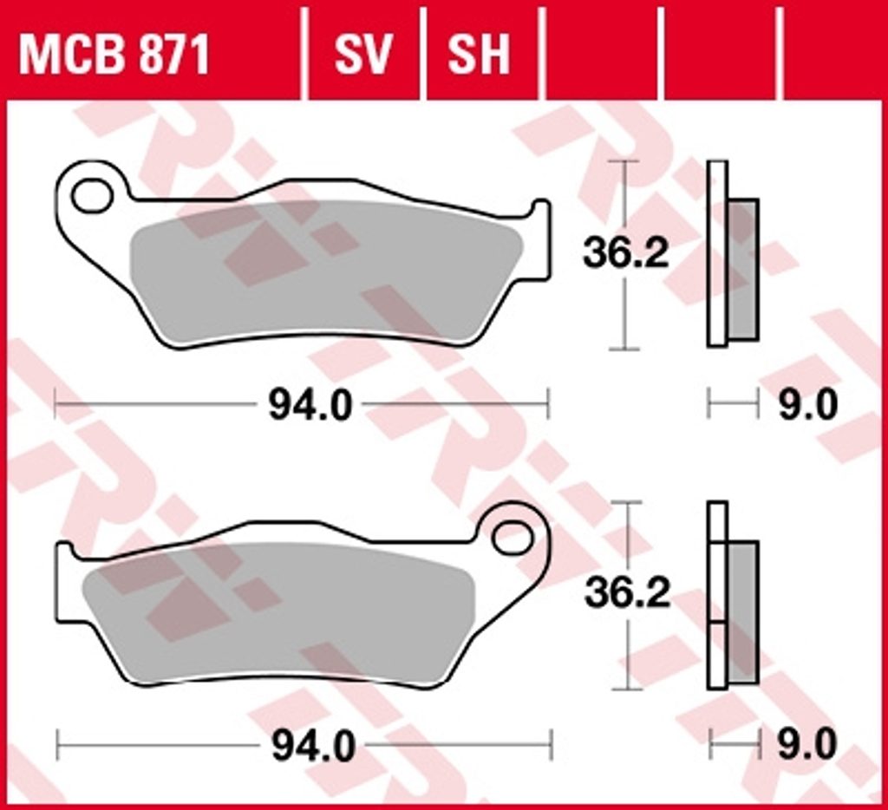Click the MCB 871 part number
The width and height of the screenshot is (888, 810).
(x=114, y=55)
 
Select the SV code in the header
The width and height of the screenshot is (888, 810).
(x=362, y=55)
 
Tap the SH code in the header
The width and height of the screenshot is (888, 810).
(x=479, y=55)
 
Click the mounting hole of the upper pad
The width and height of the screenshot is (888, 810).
(x=92, y=195)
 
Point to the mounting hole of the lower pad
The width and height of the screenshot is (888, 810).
(x=513, y=538)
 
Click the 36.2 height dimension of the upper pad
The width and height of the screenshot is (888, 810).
(x=626, y=253)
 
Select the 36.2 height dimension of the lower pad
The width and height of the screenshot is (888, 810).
(x=628, y=593)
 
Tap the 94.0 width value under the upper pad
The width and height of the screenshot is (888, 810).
(x=310, y=406)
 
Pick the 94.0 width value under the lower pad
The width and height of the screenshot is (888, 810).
(x=313, y=746)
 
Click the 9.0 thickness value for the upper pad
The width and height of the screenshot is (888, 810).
(x=807, y=406)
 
